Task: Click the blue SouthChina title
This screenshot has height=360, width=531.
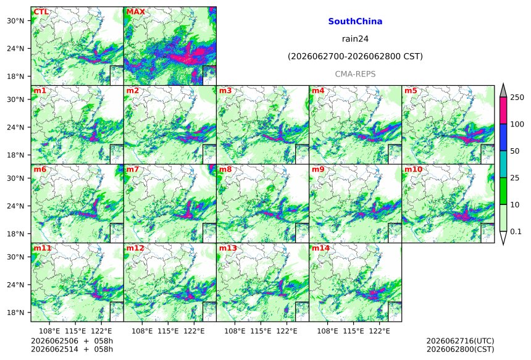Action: point(355,22)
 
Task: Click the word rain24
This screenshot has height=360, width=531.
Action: point(355,39)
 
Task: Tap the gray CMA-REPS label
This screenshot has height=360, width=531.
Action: point(355,74)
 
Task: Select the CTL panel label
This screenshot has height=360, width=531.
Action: point(41,12)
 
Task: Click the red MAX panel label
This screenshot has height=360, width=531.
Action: point(135,12)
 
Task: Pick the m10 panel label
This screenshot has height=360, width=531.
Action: point(413,169)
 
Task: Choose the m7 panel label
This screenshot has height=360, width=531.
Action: point(133,169)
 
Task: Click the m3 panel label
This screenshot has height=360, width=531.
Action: point(225,91)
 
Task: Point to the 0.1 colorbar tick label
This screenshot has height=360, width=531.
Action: point(516,232)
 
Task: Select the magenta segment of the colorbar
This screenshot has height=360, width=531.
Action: point(503,111)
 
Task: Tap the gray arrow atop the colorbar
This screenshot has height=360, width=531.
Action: point(503,91)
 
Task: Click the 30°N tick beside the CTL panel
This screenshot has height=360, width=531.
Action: point(15,21)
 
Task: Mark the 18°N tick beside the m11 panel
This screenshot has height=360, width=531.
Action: point(15,312)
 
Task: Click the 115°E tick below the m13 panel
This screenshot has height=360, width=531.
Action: point(261,331)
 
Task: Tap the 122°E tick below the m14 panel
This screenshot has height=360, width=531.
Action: point(379,331)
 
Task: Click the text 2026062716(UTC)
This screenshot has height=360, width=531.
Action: point(460,341)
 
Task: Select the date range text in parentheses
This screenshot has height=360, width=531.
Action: point(355,56)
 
